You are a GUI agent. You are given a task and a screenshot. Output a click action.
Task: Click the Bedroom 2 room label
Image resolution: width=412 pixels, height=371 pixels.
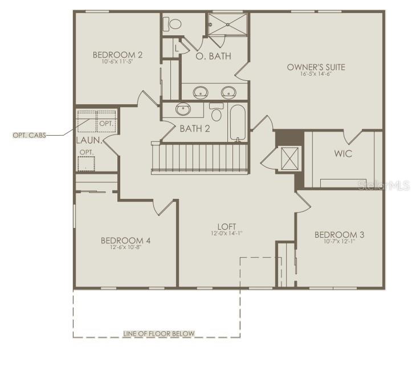point(117,55)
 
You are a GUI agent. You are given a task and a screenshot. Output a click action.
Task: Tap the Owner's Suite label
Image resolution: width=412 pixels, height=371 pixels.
point(316,67)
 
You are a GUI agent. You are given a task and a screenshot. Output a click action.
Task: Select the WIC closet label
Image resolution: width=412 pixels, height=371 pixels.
point(342,154)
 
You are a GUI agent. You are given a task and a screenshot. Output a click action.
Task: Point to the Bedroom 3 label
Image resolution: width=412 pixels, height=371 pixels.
point(339,234)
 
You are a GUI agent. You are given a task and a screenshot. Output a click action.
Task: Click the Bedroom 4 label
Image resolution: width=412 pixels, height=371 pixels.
point(126,240)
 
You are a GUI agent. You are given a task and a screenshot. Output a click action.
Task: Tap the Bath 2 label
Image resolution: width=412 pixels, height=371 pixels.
point(195,129)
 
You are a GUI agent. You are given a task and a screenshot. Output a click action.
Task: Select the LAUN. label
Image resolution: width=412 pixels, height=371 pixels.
point(89,140)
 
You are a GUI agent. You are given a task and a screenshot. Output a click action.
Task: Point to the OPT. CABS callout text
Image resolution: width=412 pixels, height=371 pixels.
point(30,135)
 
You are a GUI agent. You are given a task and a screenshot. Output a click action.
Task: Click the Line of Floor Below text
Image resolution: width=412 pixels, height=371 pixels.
point(159,334)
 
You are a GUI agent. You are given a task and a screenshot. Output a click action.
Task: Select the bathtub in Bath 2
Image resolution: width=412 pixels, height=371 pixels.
point(238,122)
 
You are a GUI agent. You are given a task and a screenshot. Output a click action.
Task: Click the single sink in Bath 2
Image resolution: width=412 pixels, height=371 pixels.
point(183,109)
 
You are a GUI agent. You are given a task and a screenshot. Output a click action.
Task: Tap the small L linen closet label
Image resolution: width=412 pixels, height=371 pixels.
point(177,48)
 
